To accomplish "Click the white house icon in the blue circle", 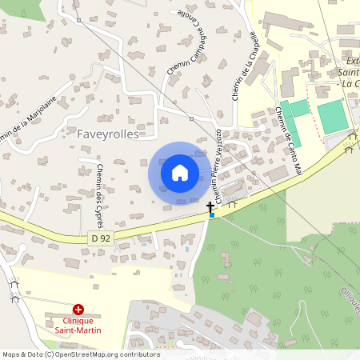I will coord(180,172).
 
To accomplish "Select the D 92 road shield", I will coord(99,238).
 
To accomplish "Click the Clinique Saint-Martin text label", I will coord(78,325).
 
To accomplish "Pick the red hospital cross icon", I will coord(78,309).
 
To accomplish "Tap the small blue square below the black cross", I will coord(211,214).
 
